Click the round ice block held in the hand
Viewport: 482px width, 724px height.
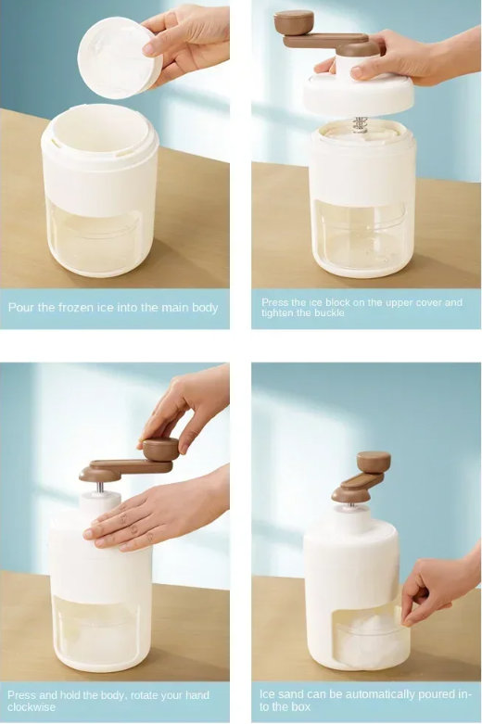tap(120, 57)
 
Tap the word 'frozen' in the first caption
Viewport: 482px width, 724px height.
tap(86, 308)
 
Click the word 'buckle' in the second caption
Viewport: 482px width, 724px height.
tap(327, 313)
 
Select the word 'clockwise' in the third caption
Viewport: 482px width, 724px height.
tap(31, 707)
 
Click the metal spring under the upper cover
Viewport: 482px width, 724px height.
tap(360, 124)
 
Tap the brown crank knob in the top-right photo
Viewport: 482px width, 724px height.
tap(294, 22)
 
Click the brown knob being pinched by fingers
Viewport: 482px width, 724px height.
tap(160, 450)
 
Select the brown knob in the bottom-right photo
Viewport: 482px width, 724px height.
tap(374, 462)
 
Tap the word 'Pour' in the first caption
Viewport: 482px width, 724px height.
tap(21, 308)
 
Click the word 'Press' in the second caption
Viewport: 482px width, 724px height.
tap(275, 302)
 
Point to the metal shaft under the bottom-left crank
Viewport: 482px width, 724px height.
tap(100, 488)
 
